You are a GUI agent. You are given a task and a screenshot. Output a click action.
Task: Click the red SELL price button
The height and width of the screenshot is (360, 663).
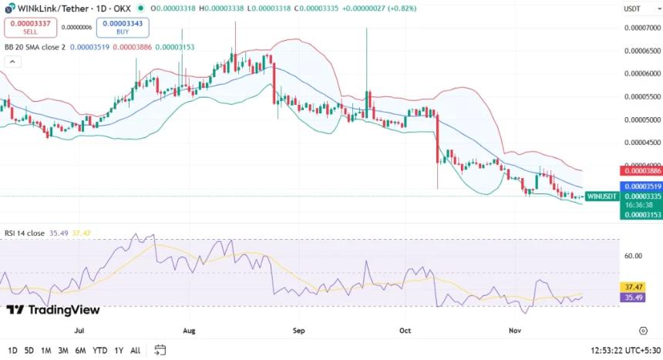(30, 28)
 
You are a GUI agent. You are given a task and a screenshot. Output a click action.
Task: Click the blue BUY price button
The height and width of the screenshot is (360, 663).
(123, 28)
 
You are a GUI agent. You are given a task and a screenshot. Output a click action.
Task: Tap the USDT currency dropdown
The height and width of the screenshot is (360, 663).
(638, 8)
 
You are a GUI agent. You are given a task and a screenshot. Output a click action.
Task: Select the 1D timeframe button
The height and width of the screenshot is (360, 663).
(12, 350)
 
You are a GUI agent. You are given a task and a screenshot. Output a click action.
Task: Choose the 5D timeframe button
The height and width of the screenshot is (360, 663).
(29, 350)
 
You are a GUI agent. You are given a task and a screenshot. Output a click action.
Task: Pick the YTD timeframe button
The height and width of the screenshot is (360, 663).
(99, 350)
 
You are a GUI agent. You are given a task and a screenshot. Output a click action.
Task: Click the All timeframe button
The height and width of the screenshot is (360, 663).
(136, 350)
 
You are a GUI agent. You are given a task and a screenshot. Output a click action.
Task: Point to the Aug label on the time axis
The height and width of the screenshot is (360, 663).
(190, 330)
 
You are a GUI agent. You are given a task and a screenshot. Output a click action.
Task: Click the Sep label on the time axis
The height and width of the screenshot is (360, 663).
(299, 330)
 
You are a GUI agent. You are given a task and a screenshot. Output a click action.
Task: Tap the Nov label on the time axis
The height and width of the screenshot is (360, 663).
(517, 330)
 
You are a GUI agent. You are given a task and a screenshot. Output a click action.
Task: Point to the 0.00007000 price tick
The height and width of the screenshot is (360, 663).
(641, 29)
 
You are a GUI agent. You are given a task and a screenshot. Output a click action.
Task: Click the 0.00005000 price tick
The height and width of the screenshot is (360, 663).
(641, 120)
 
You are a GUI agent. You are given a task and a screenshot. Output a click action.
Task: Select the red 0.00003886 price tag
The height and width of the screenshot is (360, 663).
(641, 170)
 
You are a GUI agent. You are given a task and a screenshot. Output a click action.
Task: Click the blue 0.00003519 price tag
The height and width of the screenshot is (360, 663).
(641, 187)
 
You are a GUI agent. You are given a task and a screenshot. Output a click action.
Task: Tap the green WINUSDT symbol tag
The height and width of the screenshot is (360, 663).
(602, 196)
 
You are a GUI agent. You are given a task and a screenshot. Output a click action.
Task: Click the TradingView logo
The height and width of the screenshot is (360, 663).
(53, 310)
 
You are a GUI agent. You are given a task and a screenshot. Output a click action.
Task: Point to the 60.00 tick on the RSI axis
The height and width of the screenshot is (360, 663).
(633, 256)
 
